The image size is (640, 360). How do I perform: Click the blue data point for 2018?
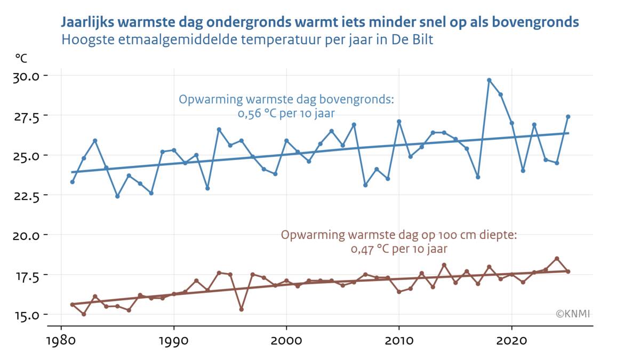pyautogui.click(x=489, y=80)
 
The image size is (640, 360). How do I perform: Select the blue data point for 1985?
pyautogui.click(x=117, y=196)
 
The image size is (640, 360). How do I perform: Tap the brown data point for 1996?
pyautogui.click(x=242, y=309)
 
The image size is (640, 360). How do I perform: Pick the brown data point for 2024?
pyautogui.click(x=557, y=258)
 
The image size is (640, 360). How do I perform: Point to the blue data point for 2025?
pyautogui.click(x=568, y=117)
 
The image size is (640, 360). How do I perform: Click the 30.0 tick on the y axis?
pyautogui.click(x=26, y=76)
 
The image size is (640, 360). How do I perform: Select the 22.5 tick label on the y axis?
pyautogui.click(x=26, y=195)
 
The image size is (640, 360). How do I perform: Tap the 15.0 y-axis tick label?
pyautogui.click(x=26, y=315)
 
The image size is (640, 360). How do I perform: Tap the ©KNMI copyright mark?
pyautogui.click(x=573, y=314)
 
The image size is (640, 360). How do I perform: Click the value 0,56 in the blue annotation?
pyautogui.click(x=249, y=114)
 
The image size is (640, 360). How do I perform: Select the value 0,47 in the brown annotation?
pyautogui.click(x=362, y=249)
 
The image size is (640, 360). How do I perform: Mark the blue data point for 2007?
pyautogui.click(x=365, y=185)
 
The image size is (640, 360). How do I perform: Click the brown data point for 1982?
pyautogui.click(x=84, y=314)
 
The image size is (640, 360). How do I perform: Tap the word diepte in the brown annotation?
pyautogui.click(x=499, y=235)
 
